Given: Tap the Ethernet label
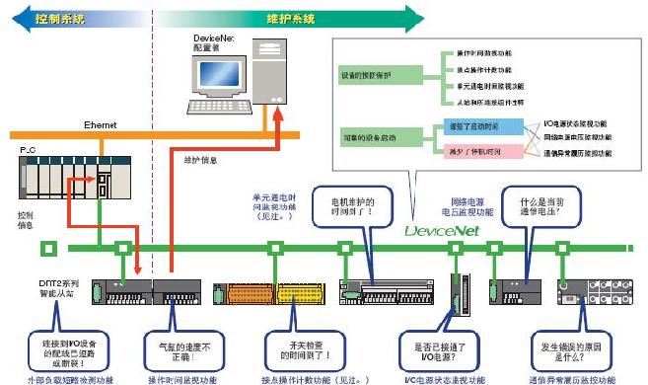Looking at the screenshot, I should pyautogui.click(x=102, y=125).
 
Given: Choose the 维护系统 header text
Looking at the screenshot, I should pyautogui.click(x=290, y=18).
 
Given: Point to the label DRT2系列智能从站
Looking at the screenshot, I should pyautogui.click(x=45, y=287).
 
